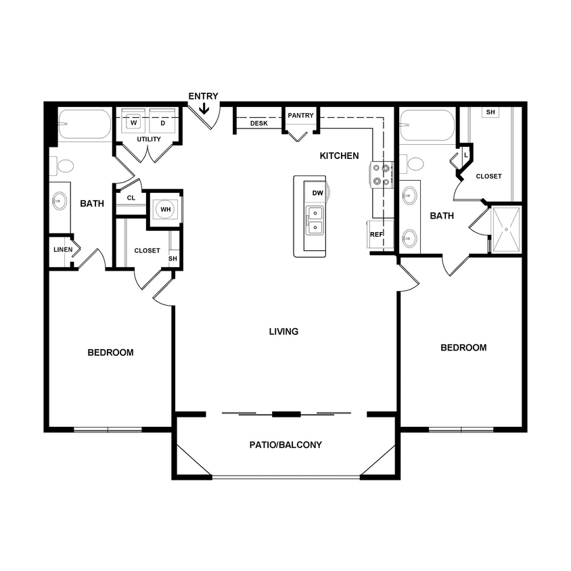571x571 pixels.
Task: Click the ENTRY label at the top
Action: point(203,96)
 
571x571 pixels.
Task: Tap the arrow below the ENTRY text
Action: point(204,107)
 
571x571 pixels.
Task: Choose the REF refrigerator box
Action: point(376,234)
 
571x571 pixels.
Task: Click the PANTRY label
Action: point(300,116)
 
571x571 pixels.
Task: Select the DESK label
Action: point(258,124)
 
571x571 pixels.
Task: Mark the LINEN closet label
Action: point(63,250)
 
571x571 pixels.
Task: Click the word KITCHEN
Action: point(340,156)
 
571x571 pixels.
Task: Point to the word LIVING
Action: point(283,332)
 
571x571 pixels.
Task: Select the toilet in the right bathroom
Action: point(414,163)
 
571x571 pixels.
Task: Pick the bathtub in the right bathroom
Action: point(426,126)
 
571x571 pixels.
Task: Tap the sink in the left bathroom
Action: point(60,201)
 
